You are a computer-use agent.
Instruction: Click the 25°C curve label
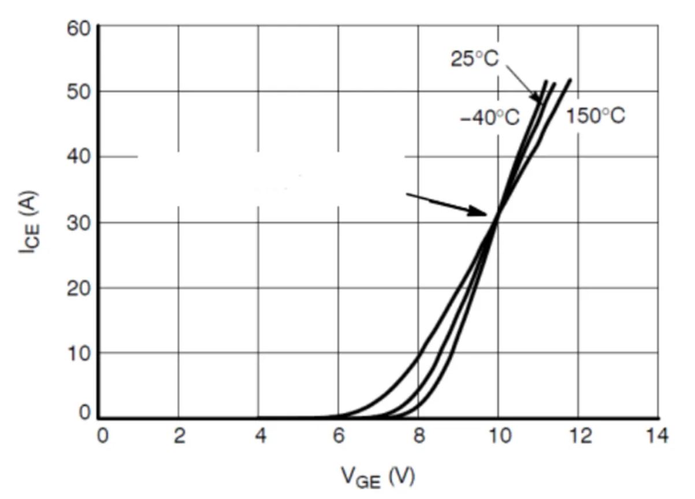point(474,59)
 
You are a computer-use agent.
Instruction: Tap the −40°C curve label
point(490,118)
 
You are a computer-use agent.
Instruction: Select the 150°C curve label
point(595,116)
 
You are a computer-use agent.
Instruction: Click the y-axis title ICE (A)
point(30,222)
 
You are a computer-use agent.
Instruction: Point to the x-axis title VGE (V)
point(378,476)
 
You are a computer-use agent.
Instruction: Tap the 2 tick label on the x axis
point(179,437)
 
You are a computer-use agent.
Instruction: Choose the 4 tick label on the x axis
point(260,437)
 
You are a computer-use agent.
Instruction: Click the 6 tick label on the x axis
point(339,437)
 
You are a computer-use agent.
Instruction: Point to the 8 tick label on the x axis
point(419,437)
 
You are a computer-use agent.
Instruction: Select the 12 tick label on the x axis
point(579,437)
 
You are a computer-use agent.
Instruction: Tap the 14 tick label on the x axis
point(657,437)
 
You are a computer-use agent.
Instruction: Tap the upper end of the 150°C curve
point(570,80)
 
